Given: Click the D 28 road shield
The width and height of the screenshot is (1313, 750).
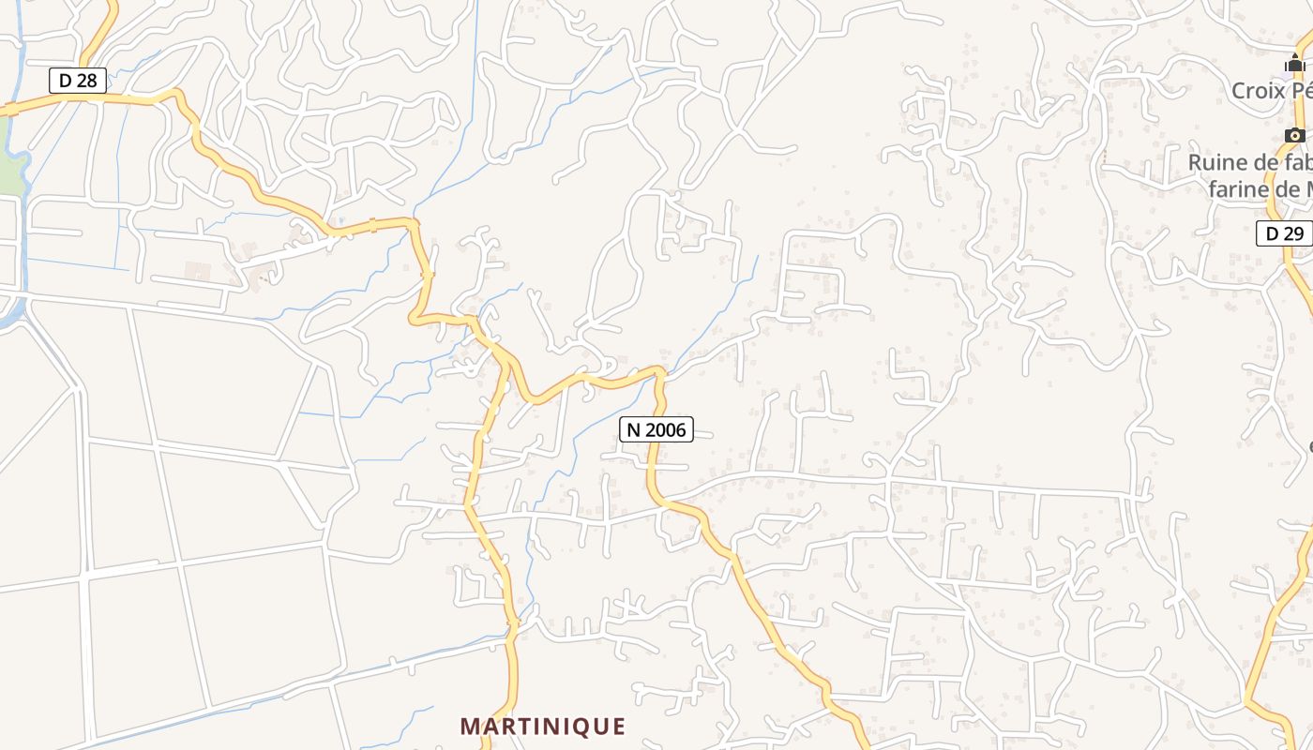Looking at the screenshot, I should (78, 81).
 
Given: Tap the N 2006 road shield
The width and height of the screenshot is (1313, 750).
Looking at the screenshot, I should (656, 429).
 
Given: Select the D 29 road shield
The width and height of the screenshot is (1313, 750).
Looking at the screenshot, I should (1284, 233).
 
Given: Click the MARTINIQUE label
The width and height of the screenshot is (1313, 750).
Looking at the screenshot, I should (543, 726).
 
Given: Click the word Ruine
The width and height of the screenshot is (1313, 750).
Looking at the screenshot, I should (1216, 162).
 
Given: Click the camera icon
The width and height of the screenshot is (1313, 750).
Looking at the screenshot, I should (1295, 135).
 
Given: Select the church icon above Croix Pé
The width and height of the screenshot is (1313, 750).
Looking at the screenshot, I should (1295, 64).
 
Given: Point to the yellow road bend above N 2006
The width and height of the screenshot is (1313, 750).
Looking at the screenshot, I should (658, 373).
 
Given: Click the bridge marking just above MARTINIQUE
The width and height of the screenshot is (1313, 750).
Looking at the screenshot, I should (512, 622).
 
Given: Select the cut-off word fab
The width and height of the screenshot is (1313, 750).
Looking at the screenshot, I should (1298, 162).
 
